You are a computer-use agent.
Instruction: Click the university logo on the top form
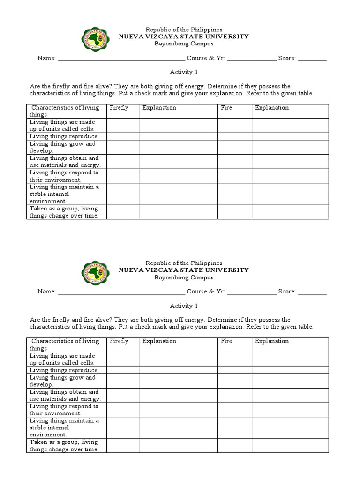click(x=97, y=40)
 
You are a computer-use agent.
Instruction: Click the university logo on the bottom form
click(x=97, y=273)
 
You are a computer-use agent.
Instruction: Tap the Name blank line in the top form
click(x=121, y=59)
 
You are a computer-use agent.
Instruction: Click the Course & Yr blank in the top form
click(x=252, y=59)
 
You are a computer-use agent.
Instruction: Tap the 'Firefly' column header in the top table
click(x=119, y=108)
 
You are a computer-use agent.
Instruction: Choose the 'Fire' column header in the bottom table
click(x=226, y=341)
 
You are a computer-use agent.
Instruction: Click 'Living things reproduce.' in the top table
click(x=64, y=136)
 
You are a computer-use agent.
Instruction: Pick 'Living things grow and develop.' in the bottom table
click(x=63, y=381)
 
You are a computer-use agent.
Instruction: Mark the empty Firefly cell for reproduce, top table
click(x=123, y=136)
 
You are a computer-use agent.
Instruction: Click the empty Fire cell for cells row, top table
click(x=235, y=125)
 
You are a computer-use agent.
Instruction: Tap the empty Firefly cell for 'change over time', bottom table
click(x=123, y=445)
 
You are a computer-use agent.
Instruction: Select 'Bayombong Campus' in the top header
click(x=184, y=44)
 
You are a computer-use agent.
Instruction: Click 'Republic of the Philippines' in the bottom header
click(x=184, y=263)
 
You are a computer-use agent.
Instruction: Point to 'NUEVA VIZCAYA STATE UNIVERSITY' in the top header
click(x=184, y=36)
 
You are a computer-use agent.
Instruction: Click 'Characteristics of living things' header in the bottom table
click(x=65, y=345)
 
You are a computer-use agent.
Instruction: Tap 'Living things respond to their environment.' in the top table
click(x=64, y=176)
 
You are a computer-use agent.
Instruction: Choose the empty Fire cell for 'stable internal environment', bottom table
click(x=235, y=427)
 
